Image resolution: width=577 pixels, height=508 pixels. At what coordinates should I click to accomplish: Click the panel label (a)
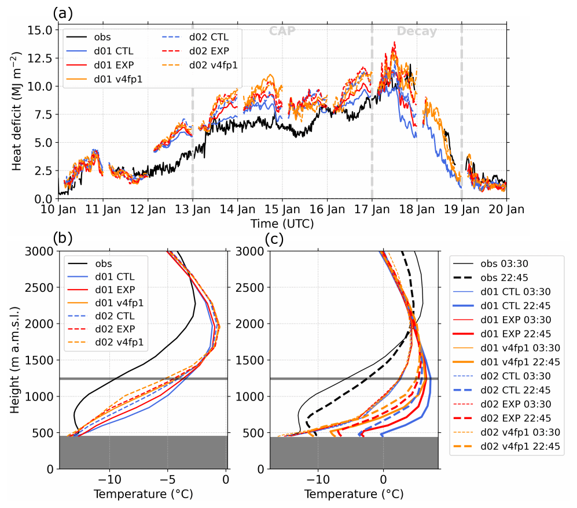(63, 13)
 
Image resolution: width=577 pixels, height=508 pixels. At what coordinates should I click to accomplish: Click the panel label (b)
(63, 238)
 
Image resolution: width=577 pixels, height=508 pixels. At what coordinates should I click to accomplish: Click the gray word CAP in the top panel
(282, 31)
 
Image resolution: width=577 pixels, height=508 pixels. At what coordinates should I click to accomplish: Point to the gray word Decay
(417, 31)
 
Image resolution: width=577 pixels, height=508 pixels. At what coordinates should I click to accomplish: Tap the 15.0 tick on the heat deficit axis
(42, 29)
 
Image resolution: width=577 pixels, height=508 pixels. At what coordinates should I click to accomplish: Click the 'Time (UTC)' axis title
(282, 223)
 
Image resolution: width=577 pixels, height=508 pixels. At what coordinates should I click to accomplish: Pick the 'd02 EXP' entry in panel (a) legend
(208, 52)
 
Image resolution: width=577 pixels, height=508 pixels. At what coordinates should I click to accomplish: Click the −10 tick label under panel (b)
(109, 480)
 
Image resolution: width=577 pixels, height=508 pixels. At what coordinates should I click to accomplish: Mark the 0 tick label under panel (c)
(383, 480)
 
